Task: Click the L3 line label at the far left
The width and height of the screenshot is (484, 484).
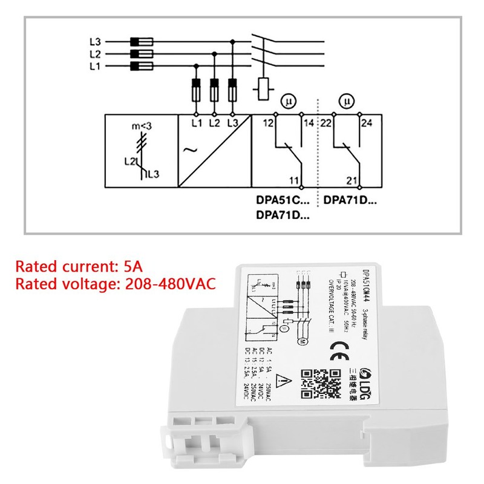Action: click(94, 42)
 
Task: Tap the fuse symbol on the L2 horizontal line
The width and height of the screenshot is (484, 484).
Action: click(141, 54)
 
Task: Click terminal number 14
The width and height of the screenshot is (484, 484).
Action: click(309, 123)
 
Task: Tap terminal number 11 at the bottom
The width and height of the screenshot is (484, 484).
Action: click(293, 180)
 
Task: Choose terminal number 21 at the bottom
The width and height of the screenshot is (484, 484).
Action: click(353, 180)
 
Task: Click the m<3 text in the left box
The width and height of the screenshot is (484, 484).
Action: click(141, 126)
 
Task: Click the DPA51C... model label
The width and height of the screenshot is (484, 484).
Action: click(283, 200)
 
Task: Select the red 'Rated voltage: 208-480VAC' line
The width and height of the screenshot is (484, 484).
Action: click(115, 284)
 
